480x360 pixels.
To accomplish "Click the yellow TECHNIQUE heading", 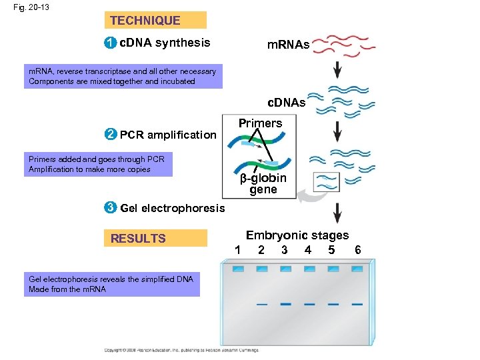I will [155, 21].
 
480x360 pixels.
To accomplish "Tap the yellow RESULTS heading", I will [155, 238].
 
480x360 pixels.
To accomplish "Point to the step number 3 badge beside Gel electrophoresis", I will [111, 208].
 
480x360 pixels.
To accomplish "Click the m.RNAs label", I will [288, 45].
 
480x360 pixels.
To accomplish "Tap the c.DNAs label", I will [286, 103].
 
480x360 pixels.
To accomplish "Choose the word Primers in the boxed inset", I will [260, 123].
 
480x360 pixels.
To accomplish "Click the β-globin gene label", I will [263, 184].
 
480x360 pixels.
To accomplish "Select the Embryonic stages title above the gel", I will [297, 235].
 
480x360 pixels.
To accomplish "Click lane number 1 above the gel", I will [237, 250].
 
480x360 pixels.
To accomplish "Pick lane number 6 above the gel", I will [357, 250].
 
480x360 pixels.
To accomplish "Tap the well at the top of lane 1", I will [238, 269].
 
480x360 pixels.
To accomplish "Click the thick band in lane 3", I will [285, 303].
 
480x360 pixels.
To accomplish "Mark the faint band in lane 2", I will [262, 303].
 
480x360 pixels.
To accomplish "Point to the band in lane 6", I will [357, 303].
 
